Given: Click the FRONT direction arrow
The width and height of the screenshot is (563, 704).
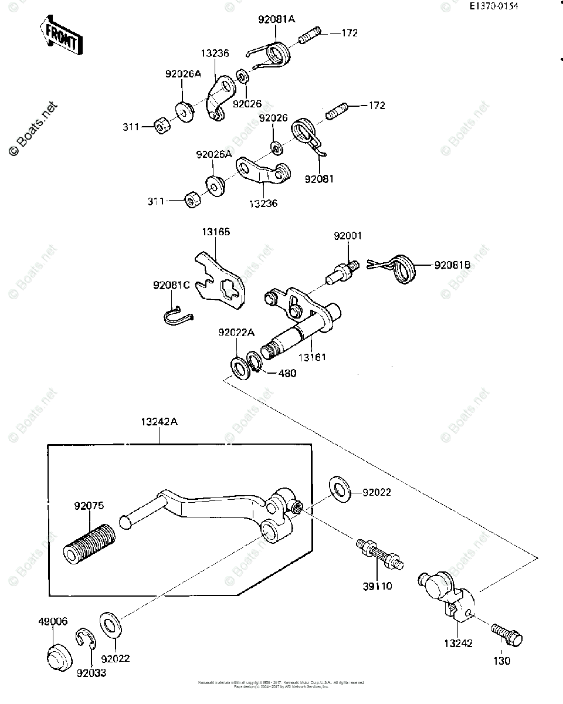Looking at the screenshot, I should click(x=60, y=36).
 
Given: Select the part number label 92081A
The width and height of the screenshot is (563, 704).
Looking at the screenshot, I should click(x=277, y=19).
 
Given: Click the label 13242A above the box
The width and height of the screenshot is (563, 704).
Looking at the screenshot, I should click(x=158, y=422).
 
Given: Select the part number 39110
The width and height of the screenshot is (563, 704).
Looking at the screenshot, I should click(x=378, y=586).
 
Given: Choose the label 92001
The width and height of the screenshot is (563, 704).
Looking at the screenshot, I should click(x=348, y=236).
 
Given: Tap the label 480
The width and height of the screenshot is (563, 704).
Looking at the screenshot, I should click(x=287, y=373).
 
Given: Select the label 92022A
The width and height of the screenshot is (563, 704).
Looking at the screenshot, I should click(x=236, y=333).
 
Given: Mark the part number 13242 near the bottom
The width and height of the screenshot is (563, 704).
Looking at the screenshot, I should click(x=458, y=644).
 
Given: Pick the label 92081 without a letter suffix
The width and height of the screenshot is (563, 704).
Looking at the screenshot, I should click(x=318, y=178).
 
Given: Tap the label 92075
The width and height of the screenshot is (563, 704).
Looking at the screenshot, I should click(x=89, y=505).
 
